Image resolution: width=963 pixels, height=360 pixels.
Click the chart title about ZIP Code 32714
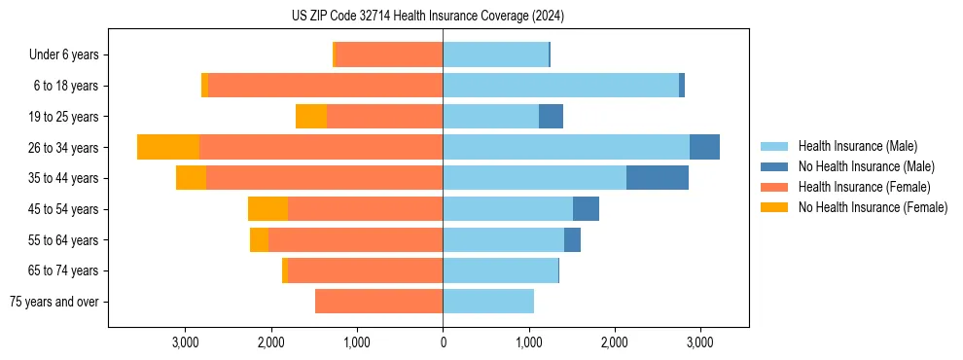point(427,17)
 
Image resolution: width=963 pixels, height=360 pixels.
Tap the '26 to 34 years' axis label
point(64,148)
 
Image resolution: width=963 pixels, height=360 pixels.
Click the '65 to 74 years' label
point(64,270)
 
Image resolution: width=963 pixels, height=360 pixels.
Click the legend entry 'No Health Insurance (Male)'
point(866,166)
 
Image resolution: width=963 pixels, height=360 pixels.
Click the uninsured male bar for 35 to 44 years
point(658,178)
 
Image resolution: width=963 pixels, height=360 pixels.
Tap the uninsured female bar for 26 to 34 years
point(168,147)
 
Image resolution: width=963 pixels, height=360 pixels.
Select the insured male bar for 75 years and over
point(488,302)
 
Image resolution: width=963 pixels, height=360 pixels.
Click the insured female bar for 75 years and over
point(379,302)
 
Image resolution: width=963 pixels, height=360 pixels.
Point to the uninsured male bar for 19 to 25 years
point(551,117)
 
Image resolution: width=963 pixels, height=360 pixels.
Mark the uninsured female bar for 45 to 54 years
point(267,209)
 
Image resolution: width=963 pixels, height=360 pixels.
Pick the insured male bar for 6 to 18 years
point(560,86)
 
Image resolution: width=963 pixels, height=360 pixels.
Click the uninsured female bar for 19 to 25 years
point(311,117)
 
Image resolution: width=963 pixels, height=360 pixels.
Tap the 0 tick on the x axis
point(443,342)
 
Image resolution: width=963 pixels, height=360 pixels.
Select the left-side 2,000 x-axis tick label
point(270,342)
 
